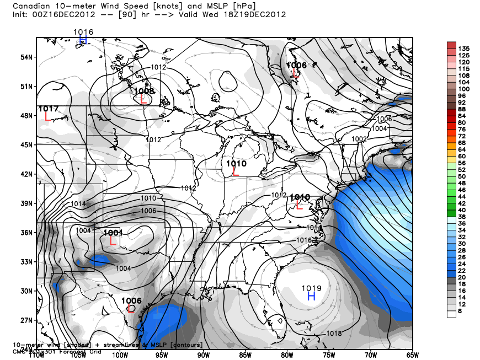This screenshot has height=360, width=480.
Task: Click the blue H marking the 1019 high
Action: click(x=311, y=297)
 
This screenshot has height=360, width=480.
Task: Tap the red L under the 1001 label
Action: click(x=113, y=241)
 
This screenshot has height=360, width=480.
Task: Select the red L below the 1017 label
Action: click(x=48, y=117)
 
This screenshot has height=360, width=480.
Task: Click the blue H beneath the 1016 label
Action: click(x=83, y=40)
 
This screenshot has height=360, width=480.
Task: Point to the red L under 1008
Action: click(x=143, y=99)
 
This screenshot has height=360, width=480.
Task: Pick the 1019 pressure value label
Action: click(x=311, y=287)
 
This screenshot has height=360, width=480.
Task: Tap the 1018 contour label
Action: click(x=334, y=333)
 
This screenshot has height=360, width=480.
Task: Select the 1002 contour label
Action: click(x=359, y=139)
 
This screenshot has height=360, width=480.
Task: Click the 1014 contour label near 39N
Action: click(x=78, y=204)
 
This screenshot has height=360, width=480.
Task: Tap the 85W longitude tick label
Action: click(x=245, y=354)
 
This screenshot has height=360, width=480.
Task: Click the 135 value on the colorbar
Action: click(x=464, y=48)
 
